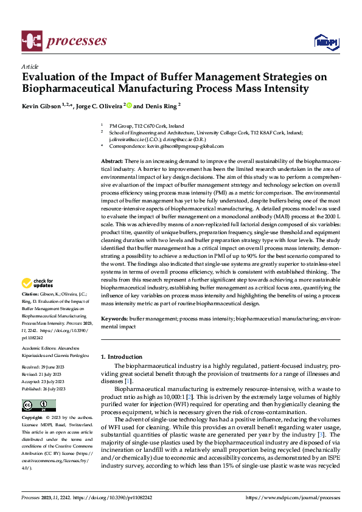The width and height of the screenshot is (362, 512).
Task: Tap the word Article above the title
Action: click(30, 66)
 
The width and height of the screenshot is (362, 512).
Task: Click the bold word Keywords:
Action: click(114, 318)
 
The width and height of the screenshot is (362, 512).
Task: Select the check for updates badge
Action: click(38, 283)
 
